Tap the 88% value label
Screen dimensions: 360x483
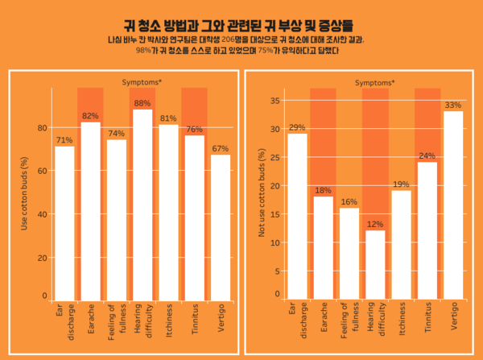[x=142, y=103]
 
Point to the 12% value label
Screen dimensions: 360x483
[x=375, y=225]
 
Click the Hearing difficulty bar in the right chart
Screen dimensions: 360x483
[x=375, y=266]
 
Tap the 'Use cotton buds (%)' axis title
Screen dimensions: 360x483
[x=24, y=194]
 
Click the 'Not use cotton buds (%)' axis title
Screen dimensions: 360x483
[x=259, y=194]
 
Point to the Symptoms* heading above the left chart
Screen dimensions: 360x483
[x=142, y=82]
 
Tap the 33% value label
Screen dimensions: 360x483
[x=453, y=105]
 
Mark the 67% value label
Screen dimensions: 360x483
[x=221, y=148]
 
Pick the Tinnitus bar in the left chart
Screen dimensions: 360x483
[x=194, y=217]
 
